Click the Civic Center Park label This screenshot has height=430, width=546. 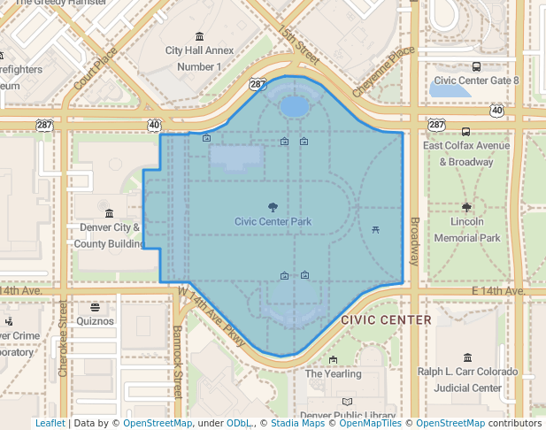point(273,221)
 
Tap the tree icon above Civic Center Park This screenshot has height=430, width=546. point(273,206)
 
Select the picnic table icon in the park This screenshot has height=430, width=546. point(376,230)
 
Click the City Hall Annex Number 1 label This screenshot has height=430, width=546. point(199,58)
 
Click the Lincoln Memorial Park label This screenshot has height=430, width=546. point(467,231)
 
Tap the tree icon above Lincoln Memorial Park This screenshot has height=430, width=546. point(467,208)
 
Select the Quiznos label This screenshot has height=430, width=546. point(96,321)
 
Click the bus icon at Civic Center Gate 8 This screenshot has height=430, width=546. point(477,66)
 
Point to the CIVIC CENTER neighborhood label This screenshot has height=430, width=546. point(386,320)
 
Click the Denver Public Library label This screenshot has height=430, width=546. point(347,416)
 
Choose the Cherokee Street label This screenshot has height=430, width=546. point(63,337)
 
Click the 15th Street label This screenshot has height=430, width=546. point(297,44)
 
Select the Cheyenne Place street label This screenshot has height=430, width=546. point(382,72)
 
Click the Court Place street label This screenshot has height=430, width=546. point(96,68)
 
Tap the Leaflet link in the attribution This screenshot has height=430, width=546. point(50,424)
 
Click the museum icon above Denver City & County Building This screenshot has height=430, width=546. point(109,213)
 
